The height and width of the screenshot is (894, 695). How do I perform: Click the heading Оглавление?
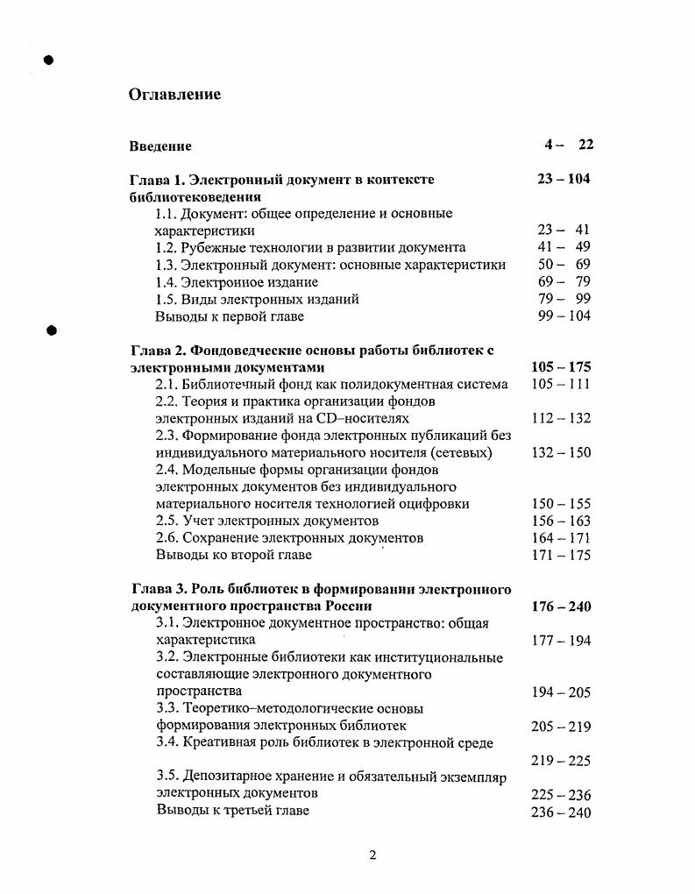click(174, 95)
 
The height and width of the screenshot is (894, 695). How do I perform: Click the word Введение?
click(160, 146)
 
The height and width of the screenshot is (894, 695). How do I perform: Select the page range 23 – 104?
click(564, 179)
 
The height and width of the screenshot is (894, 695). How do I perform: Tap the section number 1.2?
click(166, 247)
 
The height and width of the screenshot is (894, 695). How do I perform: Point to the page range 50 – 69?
click(564, 264)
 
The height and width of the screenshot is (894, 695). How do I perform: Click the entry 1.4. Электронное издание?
click(237, 281)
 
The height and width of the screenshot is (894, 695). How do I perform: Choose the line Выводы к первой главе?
click(227, 316)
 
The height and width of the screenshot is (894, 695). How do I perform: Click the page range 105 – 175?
click(561, 367)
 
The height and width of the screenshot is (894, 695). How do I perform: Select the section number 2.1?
click(166, 384)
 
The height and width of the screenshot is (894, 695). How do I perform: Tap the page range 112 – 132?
click(561, 419)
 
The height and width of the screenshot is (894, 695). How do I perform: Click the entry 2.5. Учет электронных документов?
click(266, 521)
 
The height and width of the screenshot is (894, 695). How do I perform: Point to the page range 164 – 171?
click(561, 538)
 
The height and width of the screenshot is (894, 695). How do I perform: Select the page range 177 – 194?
click(561, 641)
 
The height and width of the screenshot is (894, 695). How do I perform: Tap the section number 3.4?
click(167, 743)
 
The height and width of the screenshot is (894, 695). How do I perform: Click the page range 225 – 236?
click(561, 795)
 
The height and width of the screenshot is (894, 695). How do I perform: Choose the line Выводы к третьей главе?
click(232, 811)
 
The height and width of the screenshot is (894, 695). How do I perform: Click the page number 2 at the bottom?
click(372, 855)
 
